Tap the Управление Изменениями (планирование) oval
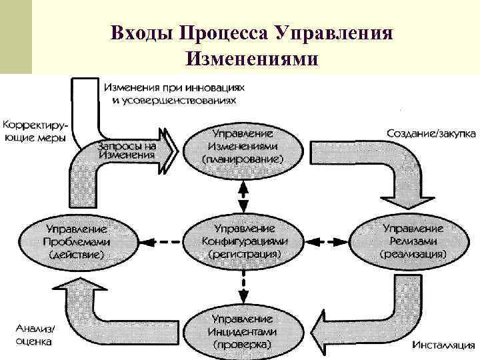[x=243, y=147]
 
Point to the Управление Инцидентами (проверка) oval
[x=243, y=329]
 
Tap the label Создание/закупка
[x=431, y=133]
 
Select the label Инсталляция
[x=443, y=346]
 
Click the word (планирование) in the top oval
[x=243, y=160]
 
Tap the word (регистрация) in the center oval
[x=244, y=254]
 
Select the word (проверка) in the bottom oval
[x=243, y=345]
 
